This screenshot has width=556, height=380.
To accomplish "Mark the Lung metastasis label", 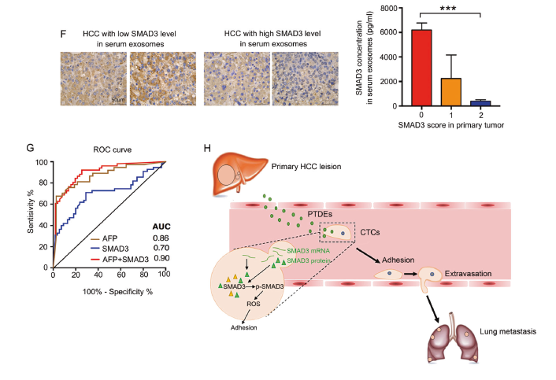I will tap(508, 332).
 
